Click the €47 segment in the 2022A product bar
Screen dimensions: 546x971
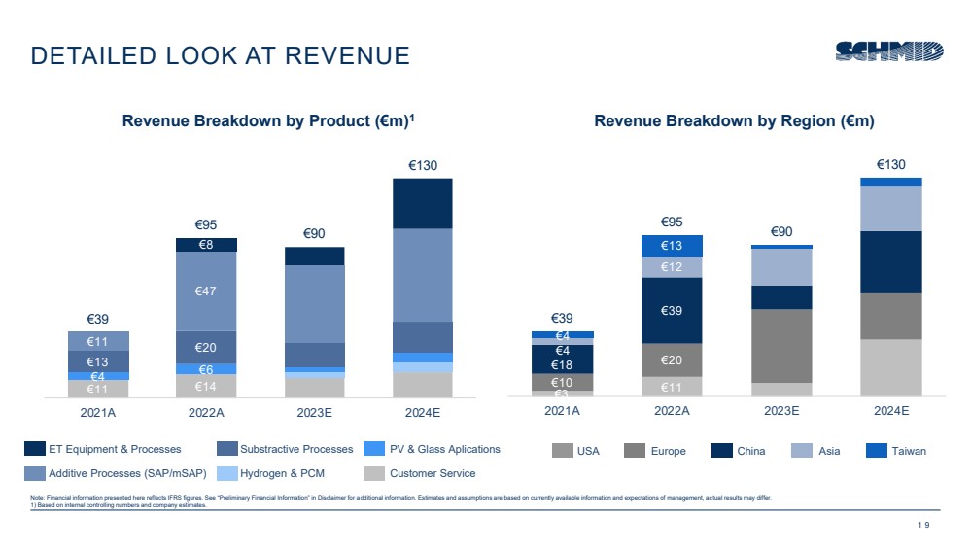pos(206,290)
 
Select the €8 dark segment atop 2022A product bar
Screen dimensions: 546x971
pos(206,245)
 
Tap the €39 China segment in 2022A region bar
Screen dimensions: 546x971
pos(671,310)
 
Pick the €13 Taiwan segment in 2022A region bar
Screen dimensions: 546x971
pos(671,246)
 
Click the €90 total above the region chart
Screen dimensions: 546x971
pos(781,231)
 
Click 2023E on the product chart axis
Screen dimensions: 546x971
pos(314,412)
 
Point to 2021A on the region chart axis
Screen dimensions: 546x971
pos(562,411)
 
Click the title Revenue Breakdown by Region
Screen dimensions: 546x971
pos(734,121)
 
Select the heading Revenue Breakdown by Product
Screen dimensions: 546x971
pos(268,121)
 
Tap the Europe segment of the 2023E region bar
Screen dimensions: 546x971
pos(781,345)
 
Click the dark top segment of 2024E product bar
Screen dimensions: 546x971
pos(423,203)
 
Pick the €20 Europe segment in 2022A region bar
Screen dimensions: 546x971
pos(671,359)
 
